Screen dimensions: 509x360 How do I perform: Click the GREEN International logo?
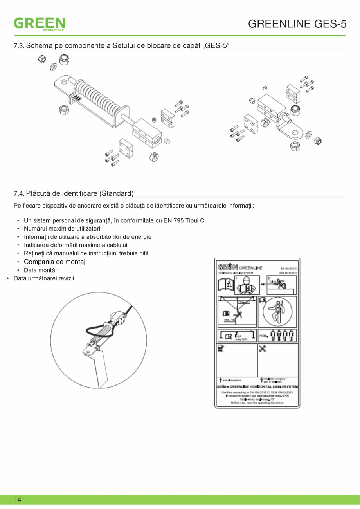coord(40,23)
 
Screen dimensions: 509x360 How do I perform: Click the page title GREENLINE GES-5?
coord(297,24)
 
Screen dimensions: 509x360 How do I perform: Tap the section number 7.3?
coord(19,46)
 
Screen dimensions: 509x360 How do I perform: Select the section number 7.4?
coord(19,193)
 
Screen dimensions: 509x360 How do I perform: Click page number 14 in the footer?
coord(18,500)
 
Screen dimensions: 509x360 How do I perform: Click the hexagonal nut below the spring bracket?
coord(64,109)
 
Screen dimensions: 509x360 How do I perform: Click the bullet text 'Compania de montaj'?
coord(54,262)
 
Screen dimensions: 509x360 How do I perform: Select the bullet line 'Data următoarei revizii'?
coord(43,278)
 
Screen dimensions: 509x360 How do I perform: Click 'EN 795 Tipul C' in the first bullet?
coord(184,220)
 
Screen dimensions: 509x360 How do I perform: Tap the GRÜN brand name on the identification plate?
coord(226,267)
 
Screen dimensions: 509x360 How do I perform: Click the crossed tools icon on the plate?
coord(263,348)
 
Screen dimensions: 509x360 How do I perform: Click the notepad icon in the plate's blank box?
coord(221,348)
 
